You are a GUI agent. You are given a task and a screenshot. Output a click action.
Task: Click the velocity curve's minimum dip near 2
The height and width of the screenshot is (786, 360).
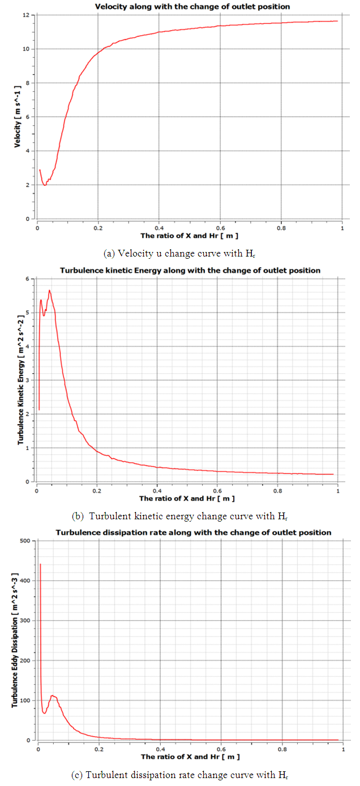(x=45, y=185)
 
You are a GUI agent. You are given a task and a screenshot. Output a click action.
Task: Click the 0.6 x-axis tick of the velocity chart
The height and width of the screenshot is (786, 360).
(x=220, y=228)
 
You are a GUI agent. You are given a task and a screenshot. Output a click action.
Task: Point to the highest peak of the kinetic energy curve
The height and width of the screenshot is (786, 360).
(x=50, y=291)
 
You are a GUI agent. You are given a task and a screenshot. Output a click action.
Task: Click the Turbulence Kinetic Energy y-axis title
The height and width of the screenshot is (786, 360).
(x=20, y=380)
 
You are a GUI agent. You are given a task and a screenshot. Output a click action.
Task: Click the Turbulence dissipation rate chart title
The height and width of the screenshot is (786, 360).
(x=194, y=532)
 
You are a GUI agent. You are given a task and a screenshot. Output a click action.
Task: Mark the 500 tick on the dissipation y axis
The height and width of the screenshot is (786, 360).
(x=25, y=541)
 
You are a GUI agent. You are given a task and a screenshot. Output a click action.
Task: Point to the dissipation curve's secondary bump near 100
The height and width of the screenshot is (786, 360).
(x=53, y=695)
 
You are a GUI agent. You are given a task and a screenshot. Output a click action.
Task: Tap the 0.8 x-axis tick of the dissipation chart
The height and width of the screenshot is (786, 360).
(x=278, y=749)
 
